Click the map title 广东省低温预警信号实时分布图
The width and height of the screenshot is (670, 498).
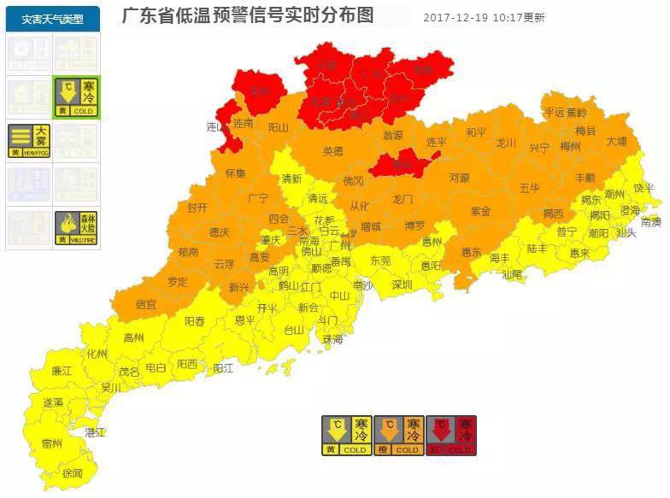(x=248, y=16)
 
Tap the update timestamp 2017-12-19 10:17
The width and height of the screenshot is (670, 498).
(x=483, y=17)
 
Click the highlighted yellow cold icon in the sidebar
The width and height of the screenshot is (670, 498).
(x=77, y=97)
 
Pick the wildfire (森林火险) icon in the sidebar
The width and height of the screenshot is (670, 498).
(x=77, y=228)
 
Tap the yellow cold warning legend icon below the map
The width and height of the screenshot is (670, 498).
(x=346, y=436)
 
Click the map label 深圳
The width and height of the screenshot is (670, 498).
(x=402, y=285)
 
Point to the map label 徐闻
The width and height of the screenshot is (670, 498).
(x=72, y=473)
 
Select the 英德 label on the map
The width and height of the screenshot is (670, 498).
(x=332, y=151)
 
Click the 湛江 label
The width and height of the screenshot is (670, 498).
(x=95, y=433)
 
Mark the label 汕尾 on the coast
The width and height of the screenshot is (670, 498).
(x=512, y=275)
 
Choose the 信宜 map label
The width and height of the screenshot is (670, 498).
(x=146, y=303)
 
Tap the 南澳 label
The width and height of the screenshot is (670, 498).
(x=651, y=221)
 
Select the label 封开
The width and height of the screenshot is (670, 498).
(x=197, y=208)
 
